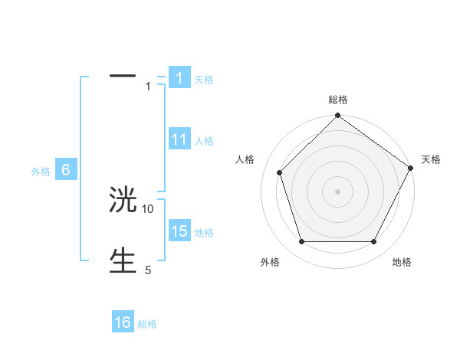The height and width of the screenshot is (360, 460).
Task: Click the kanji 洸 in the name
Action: click(x=123, y=201)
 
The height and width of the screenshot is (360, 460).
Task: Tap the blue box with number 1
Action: click(x=179, y=78)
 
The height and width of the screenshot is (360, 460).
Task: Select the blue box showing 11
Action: click(x=179, y=139)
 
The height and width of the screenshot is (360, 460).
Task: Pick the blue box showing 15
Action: click(x=179, y=231)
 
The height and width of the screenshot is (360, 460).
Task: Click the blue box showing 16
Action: click(x=123, y=322)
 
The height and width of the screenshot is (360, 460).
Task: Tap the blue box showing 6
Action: click(x=66, y=171)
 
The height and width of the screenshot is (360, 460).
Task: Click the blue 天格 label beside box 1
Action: click(x=204, y=79)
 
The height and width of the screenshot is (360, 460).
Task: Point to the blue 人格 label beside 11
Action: click(x=204, y=141)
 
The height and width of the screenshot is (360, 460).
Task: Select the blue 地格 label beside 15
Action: click(x=204, y=232)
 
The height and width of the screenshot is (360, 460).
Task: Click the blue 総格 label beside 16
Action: click(x=147, y=323)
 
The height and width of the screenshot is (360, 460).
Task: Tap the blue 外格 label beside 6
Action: click(x=41, y=172)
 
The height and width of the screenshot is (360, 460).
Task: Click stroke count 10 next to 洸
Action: click(x=148, y=208)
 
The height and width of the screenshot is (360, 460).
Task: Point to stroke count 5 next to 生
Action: click(x=148, y=270)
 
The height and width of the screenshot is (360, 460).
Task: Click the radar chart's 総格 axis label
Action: click(x=337, y=100)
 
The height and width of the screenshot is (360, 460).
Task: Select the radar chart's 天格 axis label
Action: click(x=431, y=159)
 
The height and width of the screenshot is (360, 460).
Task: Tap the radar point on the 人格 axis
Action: click(x=280, y=172)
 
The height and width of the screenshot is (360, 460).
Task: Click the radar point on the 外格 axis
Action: click(x=301, y=242)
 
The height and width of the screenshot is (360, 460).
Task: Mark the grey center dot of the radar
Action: click(x=337, y=191)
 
